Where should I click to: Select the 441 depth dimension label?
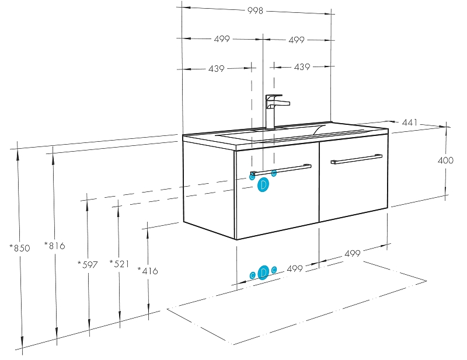tap(410, 123)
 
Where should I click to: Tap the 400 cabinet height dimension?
tap(445, 160)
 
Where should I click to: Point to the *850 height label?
tap(19, 248)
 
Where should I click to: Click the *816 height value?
tap(54, 246)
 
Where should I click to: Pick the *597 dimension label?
tap(88, 264)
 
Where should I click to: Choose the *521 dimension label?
tap(119, 264)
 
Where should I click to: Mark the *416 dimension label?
tap(148, 271)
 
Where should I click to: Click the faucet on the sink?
tap(274, 111)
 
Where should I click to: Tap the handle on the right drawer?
tap(356, 159)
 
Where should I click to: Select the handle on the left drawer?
tap(280, 170)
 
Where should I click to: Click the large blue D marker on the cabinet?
tap(263, 185)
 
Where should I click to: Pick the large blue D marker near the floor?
tap(263, 272)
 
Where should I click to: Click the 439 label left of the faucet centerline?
tap(216, 68)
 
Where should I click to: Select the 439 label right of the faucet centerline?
tap(302, 67)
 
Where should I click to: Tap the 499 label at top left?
tap(222, 39)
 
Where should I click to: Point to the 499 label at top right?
tap(297, 40)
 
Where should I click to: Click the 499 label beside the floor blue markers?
tap(295, 268)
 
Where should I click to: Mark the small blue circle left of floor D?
tap(252, 275)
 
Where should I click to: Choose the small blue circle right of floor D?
tap(274, 269)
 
